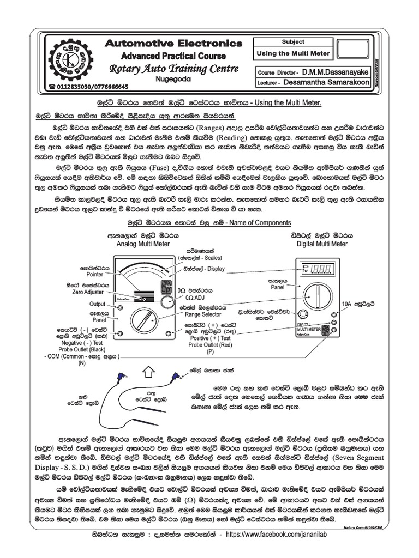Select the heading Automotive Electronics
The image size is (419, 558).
pos(173,43)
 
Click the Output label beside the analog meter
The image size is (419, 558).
pos(97,304)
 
